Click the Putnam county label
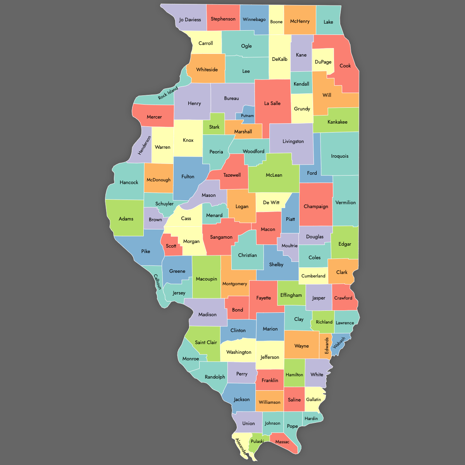tap(247, 115)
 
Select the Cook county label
tap(345, 65)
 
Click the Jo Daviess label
tap(190, 19)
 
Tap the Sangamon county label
tap(221, 237)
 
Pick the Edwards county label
tap(327, 345)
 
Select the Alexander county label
tap(241, 447)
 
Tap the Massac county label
tap(282, 442)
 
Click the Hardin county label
tap(311, 418)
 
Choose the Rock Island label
tap(168, 93)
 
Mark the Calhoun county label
tap(157, 282)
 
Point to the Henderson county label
tap(145, 145)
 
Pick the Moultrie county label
tap(289, 246)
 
